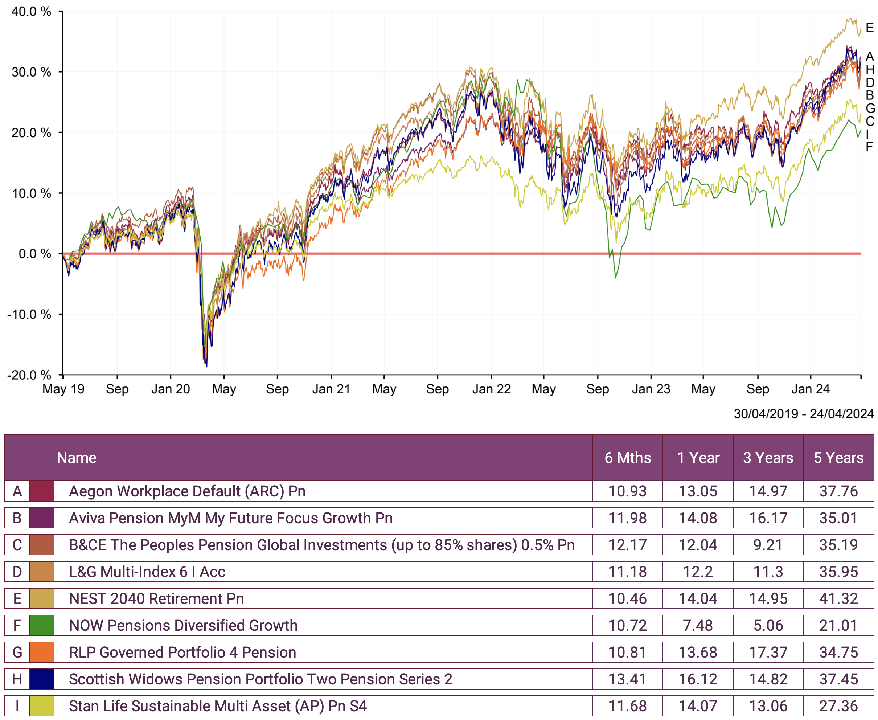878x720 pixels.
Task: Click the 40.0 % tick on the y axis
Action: pos(31,11)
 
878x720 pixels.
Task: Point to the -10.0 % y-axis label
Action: pos(29,314)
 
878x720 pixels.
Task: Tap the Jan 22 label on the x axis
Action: pos(491,389)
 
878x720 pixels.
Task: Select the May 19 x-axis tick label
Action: pos(63,389)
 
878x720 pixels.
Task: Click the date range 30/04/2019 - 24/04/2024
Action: pos(803,413)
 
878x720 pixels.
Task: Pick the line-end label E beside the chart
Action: pos(870,28)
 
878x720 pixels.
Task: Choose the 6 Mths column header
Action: pos(627,458)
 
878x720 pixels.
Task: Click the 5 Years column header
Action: pos(838,458)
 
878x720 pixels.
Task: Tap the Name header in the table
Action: pos(77,458)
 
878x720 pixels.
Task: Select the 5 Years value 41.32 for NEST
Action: pos(838,598)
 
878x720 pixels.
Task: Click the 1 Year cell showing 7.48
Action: pos(698,625)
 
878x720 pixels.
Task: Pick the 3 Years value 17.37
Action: pos(768,652)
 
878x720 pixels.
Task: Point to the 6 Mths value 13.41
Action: pos(627,679)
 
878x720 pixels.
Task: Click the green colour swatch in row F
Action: pos(41,625)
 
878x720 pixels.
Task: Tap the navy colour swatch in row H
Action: pos(41,679)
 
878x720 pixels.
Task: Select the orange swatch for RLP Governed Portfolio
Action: pos(41,652)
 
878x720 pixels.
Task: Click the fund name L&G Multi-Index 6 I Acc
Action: pos(147,572)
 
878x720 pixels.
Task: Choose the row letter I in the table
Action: pos(17,706)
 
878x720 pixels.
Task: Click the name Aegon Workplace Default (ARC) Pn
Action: pos(187,491)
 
